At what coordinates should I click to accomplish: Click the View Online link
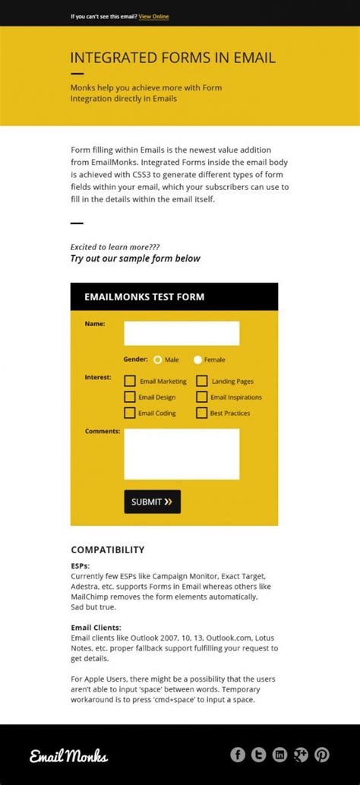tap(153, 16)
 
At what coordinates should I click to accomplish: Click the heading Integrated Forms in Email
tap(172, 58)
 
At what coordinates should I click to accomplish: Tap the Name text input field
tap(182, 333)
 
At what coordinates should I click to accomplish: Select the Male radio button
tap(158, 360)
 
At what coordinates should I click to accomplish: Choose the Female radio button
tap(198, 360)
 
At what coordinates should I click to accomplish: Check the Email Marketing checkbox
tap(131, 381)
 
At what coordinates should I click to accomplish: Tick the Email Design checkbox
tap(131, 397)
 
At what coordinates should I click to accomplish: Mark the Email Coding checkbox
tap(131, 413)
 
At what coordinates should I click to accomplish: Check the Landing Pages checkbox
tap(202, 381)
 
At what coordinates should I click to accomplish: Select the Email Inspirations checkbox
tap(202, 397)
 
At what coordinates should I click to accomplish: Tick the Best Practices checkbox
tap(202, 413)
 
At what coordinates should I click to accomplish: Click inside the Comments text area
tap(182, 454)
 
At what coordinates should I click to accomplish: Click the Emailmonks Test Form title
tap(144, 297)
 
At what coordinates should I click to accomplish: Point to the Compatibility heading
tap(107, 549)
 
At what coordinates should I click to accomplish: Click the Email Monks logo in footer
tap(69, 755)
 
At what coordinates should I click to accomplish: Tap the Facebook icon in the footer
tap(238, 755)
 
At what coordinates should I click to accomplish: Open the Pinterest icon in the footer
tap(322, 755)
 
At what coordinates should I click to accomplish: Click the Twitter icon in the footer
tap(259, 755)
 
